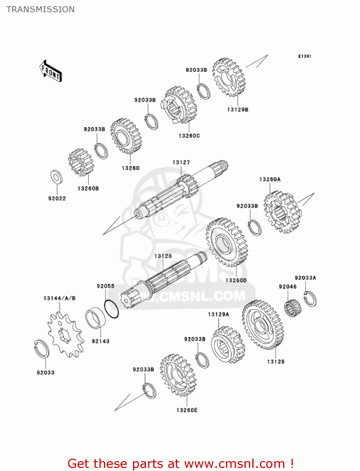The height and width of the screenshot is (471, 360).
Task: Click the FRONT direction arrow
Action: click(x=51, y=71)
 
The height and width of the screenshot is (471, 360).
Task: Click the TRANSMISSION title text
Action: click(x=40, y=9)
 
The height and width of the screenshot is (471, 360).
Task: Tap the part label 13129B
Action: click(x=238, y=110)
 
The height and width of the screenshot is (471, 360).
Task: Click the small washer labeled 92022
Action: click(x=56, y=177)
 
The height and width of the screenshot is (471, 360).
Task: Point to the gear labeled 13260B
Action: click(x=81, y=162)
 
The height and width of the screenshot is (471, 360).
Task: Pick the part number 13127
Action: click(x=181, y=162)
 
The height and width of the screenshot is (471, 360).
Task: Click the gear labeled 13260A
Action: click(x=282, y=212)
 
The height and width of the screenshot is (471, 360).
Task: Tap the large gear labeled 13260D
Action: click(x=227, y=242)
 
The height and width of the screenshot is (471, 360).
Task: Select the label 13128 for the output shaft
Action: click(x=163, y=256)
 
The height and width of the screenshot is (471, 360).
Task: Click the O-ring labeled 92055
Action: click(x=111, y=309)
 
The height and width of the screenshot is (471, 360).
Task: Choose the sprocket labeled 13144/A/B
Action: click(x=66, y=335)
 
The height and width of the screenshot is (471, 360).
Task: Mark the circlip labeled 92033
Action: click(x=41, y=349)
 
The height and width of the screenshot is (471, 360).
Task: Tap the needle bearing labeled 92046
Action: click(x=293, y=308)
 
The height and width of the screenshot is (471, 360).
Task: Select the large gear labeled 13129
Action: click(x=263, y=325)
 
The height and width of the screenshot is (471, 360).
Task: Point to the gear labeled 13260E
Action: click(x=178, y=375)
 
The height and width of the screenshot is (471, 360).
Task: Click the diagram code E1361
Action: click(x=304, y=56)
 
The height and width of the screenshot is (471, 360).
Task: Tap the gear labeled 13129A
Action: click(x=228, y=345)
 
